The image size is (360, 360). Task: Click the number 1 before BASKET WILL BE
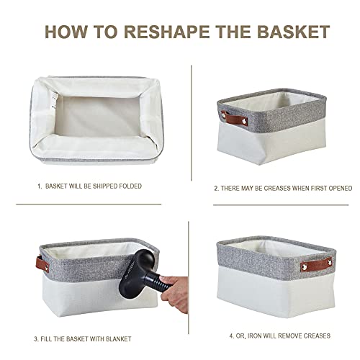click(39, 185)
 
